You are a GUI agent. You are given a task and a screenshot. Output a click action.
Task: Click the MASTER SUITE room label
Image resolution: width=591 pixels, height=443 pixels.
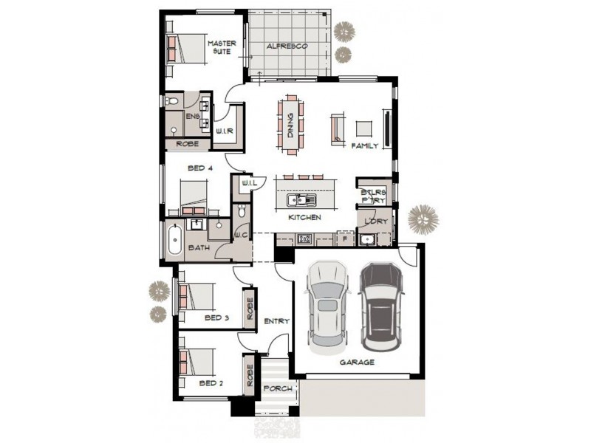(221, 48)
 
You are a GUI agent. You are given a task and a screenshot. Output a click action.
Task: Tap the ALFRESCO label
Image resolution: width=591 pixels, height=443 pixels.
(287, 47)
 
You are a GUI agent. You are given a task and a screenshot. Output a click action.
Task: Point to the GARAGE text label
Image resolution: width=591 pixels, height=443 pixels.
(357, 363)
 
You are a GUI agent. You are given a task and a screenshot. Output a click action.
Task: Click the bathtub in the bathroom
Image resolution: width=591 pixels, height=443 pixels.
(174, 241)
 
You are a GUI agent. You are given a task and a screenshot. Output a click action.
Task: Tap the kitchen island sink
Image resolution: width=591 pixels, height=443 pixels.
(303, 200)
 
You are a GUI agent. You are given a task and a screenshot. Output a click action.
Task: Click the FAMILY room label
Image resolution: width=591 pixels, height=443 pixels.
(365, 146)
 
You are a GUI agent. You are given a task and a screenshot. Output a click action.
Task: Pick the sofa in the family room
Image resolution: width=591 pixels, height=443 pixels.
(338, 127)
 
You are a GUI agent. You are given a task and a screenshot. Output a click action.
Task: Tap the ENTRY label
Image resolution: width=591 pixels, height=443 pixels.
(276, 321)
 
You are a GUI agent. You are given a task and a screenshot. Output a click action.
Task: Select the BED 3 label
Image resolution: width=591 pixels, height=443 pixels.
(217, 317)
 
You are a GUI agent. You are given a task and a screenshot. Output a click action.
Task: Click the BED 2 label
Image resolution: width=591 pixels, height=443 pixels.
(211, 383)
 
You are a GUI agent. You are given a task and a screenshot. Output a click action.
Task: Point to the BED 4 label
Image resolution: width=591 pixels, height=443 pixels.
(200, 168)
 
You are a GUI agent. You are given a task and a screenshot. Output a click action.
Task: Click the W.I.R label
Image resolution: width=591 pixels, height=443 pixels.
(225, 131)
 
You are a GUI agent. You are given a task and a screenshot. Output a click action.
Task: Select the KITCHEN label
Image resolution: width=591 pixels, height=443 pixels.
(304, 218)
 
